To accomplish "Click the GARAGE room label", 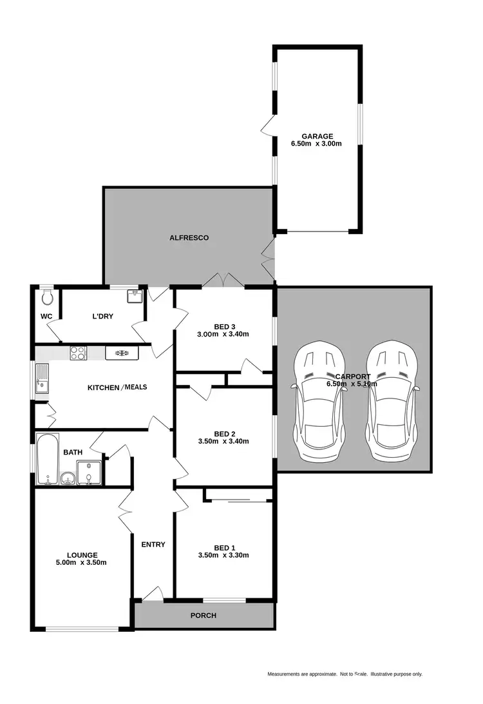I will pyautogui.click(x=317, y=136).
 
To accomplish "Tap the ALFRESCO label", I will pyautogui.click(x=189, y=238).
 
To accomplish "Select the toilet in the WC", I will pyautogui.click(x=46, y=297).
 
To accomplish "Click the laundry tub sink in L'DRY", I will pyautogui.click(x=134, y=297).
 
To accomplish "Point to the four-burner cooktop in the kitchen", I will pyautogui.click(x=78, y=353).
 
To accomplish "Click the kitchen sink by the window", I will pyautogui.click(x=43, y=378).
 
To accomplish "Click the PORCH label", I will pyautogui.click(x=203, y=615).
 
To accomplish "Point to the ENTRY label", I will pyautogui.click(x=153, y=545).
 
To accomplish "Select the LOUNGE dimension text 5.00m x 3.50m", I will pyautogui.click(x=82, y=563).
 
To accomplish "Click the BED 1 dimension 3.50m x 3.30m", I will pyautogui.click(x=223, y=555).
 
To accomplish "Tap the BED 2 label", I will pyautogui.click(x=223, y=433).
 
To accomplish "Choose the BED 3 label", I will pyautogui.click(x=223, y=326).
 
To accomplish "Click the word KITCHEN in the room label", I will pyautogui.click(x=103, y=387).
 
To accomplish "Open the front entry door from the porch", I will pyautogui.click(x=153, y=594).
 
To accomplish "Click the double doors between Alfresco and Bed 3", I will pyautogui.click(x=222, y=281).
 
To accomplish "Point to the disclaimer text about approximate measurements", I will pyautogui.click(x=345, y=674).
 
